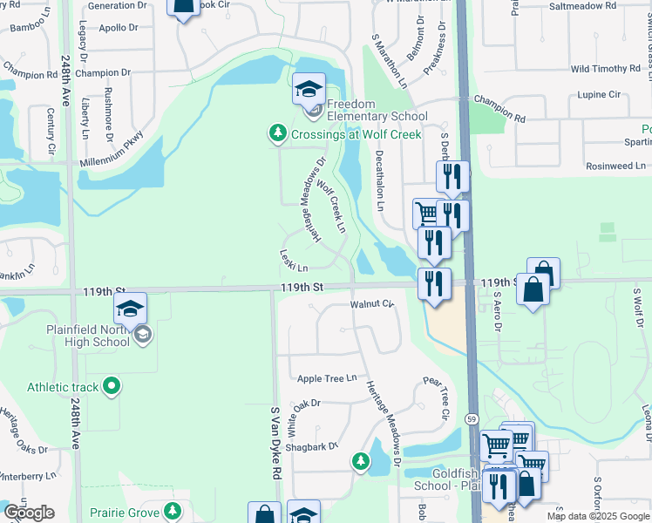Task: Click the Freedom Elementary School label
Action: (377, 117)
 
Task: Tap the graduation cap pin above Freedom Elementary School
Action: (309, 91)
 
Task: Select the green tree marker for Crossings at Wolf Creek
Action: (278, 133)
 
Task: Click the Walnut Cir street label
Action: (372, 304)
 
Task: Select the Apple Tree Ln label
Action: (327, 378)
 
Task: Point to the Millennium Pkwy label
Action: (110, 151)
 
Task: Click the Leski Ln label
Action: (294, 261)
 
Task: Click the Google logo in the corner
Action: (29, 513)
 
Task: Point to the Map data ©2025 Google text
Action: (598, 516)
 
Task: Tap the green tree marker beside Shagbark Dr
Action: (360, 460)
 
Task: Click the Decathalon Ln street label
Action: (379, 180)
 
